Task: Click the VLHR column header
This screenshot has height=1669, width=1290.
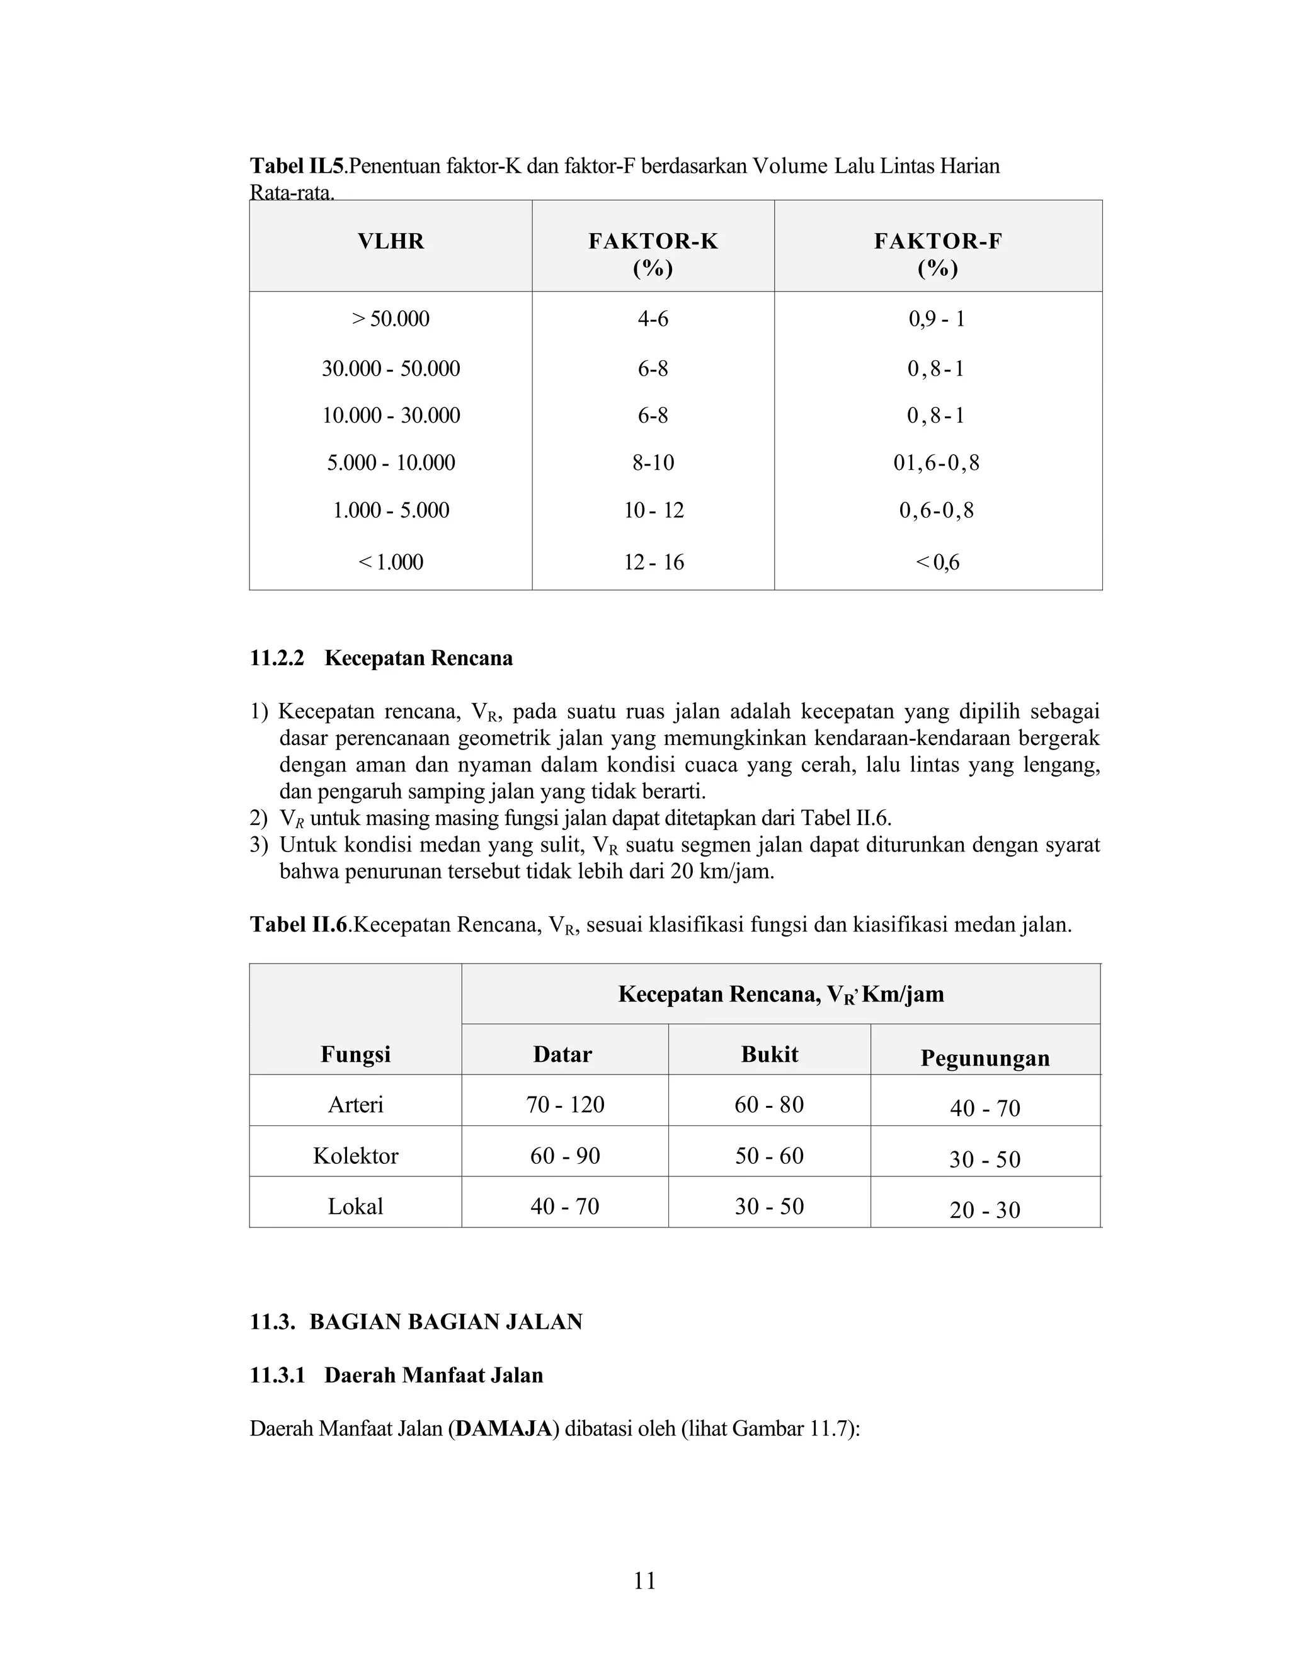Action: pyautogui.click(x=391, y=241)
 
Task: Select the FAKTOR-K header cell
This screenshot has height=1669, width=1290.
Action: pyautogui.click(x=653, y=254)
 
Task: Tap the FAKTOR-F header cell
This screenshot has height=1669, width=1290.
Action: pyautogui.click(x=938, y=254)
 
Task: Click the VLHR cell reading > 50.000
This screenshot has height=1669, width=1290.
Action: pyautogui.click(x=391, y=319)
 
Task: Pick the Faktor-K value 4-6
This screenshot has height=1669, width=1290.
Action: pyautogui.click(x=653, y=319)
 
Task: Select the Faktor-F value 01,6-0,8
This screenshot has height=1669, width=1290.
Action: pyautogui.click(x=936, y=463)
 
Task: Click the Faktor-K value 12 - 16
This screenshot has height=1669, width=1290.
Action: pyautogui.click(x=653, y=562)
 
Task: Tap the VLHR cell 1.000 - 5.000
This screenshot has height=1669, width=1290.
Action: pyautogui.click(x=391, y=511)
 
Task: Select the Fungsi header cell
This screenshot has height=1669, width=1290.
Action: pyautogui.click(x=355, y=1054)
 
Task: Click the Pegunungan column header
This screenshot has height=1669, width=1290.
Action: pyautogui.click(x=985, y=1059)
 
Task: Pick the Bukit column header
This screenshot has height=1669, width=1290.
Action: pyautogui.click(x=769, y=1054)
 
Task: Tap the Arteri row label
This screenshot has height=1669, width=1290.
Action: pyautogui.click(x=355, y=1105)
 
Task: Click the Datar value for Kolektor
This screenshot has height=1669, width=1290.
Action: pyautogui.click(x=565, y=1156)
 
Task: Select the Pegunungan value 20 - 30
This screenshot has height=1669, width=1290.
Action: pyautogui.click(x=985, y=1210)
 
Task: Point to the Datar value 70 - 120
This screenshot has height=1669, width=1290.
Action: pyautogui.click(x=565, y=1105)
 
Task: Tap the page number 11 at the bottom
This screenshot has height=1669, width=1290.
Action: pyautogui.click(x=644, y=1580)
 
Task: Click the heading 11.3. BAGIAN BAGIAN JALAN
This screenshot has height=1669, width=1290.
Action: pyautogui.click(x=416, y=1322)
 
